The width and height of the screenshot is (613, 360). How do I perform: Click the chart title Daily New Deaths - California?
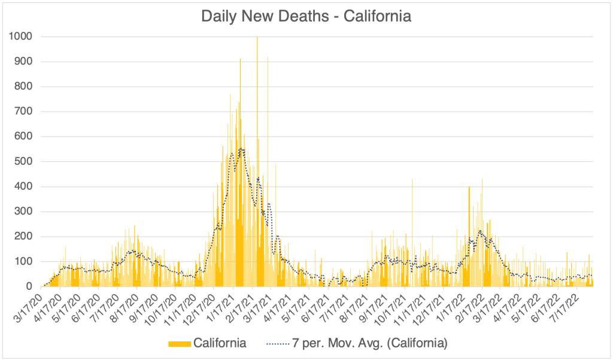pos(306,16)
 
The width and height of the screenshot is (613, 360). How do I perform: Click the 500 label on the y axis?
pos(23,162)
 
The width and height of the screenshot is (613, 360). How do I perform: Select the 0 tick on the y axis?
pos(29,287)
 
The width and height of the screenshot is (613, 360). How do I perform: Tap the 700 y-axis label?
pos(23,111)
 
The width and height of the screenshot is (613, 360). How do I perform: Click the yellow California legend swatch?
pos(180,343)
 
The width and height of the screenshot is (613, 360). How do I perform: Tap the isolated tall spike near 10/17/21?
pos(412,180)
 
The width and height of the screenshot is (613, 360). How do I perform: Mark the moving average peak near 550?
pos(241,149)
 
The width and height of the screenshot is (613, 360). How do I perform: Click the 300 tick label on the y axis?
pos(23,211)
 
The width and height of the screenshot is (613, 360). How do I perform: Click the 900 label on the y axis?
pos(23,62)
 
